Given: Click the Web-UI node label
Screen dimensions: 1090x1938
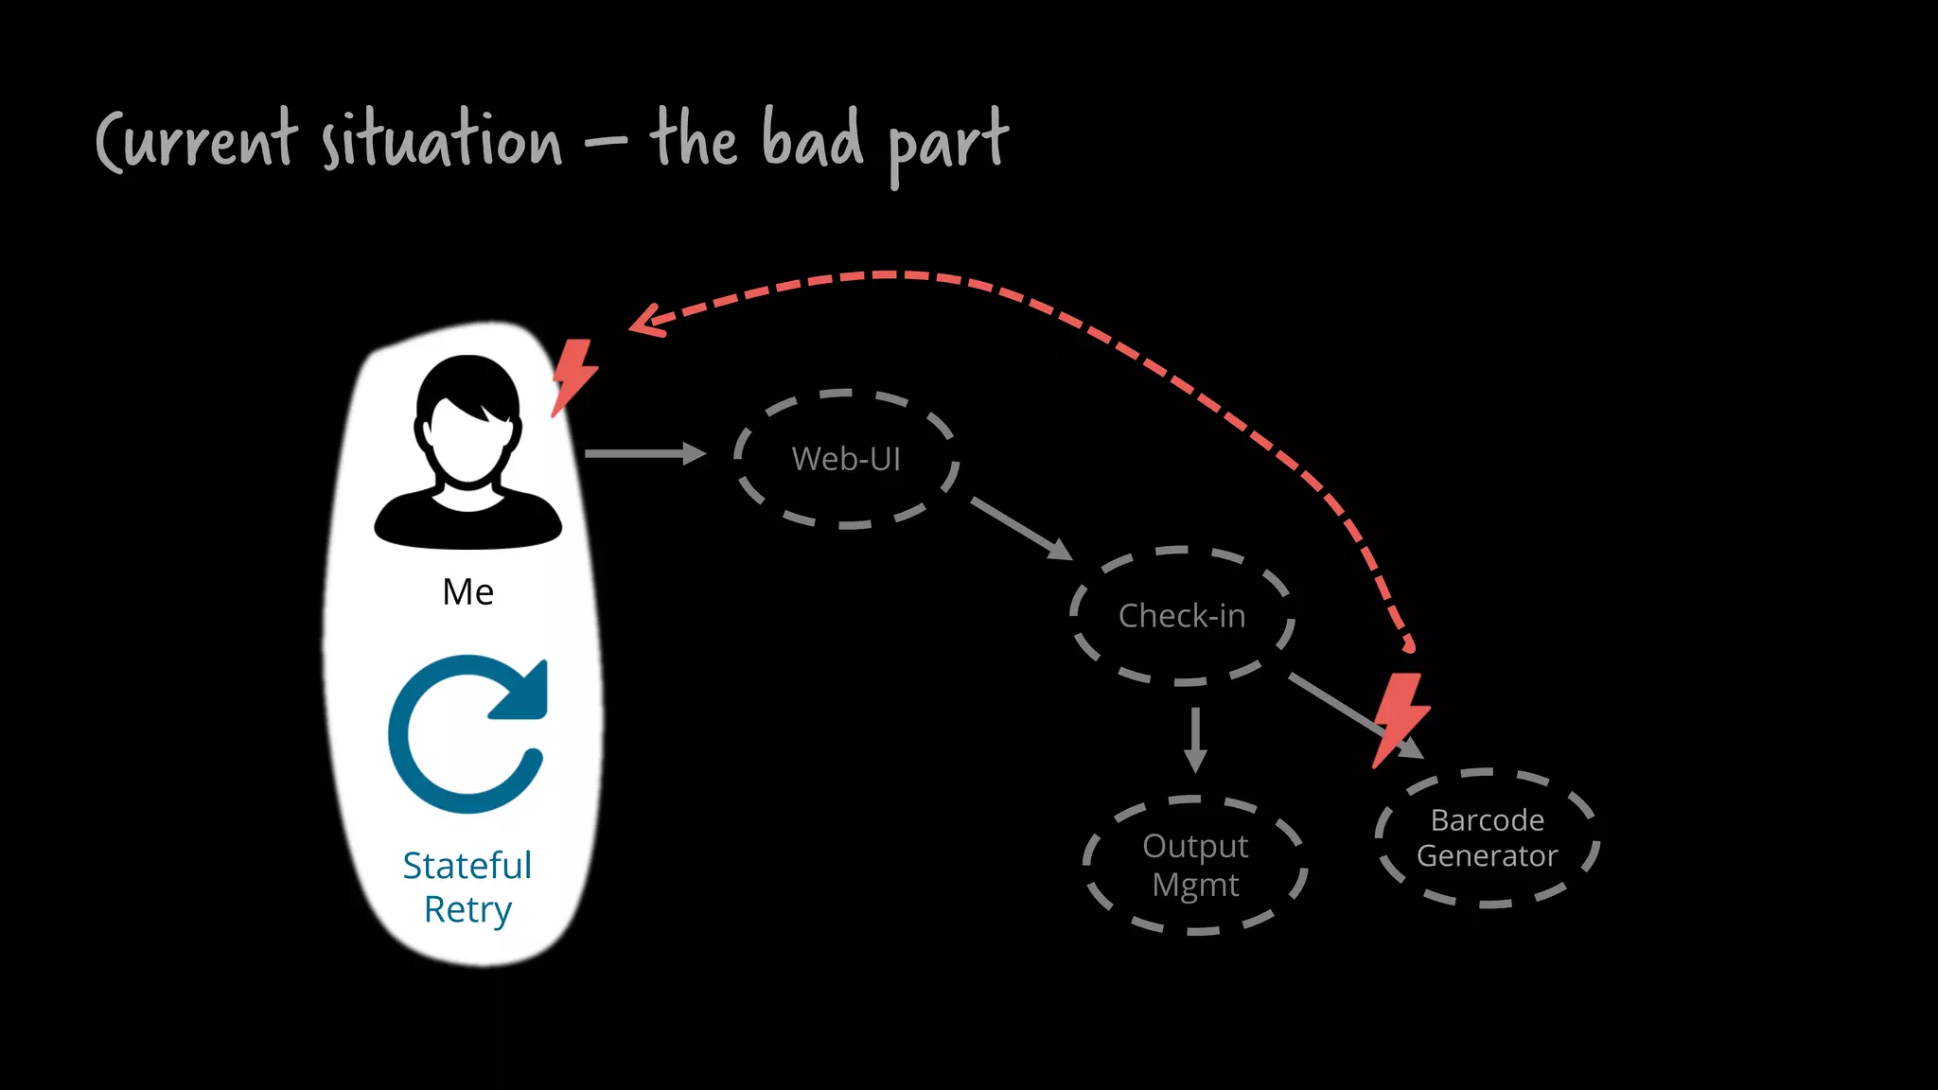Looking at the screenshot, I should click(846, 459).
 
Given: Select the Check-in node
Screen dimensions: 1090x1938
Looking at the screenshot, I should click(1182, 616).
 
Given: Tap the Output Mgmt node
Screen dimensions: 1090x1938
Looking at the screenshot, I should click(1195, 865).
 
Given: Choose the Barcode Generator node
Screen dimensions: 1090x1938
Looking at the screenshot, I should click(1487, 838).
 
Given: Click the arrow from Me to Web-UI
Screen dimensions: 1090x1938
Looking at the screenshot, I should click(644, 454).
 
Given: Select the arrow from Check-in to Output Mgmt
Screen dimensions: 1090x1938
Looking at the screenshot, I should click(1195, 739).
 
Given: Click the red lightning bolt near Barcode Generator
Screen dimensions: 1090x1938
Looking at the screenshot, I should click(1399, 719).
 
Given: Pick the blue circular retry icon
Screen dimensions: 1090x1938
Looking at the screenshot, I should click(467, 734).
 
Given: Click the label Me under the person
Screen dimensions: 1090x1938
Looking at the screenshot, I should click(467, 592).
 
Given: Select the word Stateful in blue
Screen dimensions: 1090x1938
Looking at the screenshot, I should click(467, 866).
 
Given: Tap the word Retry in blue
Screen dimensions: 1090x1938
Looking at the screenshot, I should click(467, 909).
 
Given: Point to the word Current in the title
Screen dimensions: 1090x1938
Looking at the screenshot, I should click(197, 142).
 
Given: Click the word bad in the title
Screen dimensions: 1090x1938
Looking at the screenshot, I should click(812, 140).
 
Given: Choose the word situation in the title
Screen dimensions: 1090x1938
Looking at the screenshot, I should click(442, 142).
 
